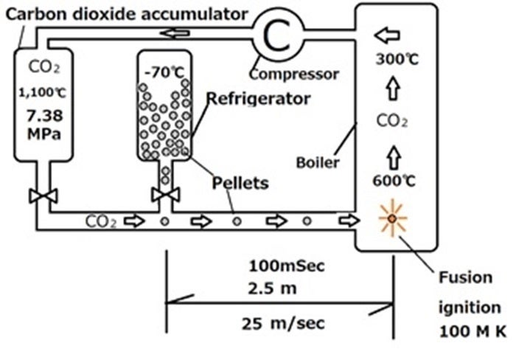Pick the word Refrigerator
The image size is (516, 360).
(x=258, y=99)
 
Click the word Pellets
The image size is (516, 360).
(x=240, y=181)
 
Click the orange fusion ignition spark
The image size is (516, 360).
(x=391, y=219)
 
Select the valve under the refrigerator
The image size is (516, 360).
(x=165, y=195)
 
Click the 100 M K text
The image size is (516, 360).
(x=473, y=332)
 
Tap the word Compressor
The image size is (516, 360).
(x=293, y=74)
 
